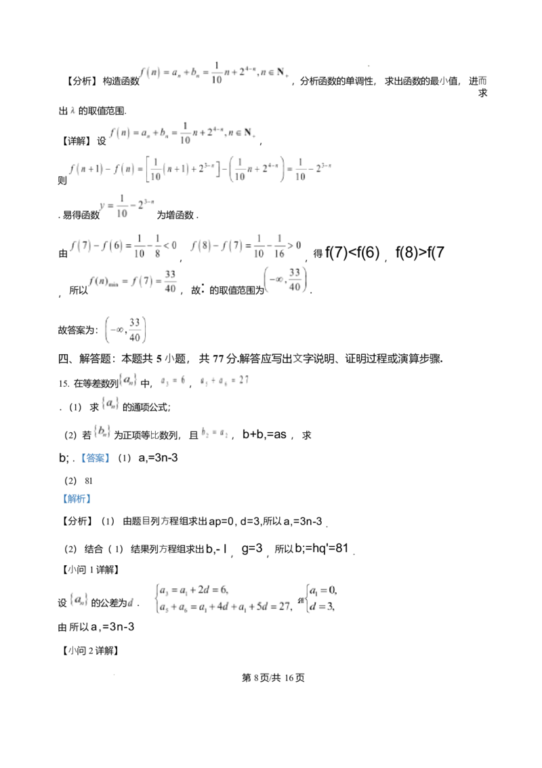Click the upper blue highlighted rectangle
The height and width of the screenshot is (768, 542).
pos(97,458)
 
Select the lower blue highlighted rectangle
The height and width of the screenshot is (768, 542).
pos(76,499)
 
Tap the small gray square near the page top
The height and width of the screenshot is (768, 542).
pos(368,65)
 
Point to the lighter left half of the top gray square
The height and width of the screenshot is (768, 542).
pos(365,65)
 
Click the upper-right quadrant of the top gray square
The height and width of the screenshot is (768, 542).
pos(371,62)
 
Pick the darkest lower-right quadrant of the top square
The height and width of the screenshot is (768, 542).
pos(371,68)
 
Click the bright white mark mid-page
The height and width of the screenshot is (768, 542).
pos(205,436)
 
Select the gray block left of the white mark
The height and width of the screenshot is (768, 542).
pos(202,438)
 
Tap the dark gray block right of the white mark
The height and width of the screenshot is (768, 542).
pos(209,437)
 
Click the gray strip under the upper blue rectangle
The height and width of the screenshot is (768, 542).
pos(97,465)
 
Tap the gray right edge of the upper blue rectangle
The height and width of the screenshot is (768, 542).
pos(112,459)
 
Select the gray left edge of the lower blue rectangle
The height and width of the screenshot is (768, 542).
pos(61,499)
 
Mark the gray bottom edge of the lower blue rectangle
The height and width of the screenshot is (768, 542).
pos(76,504)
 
